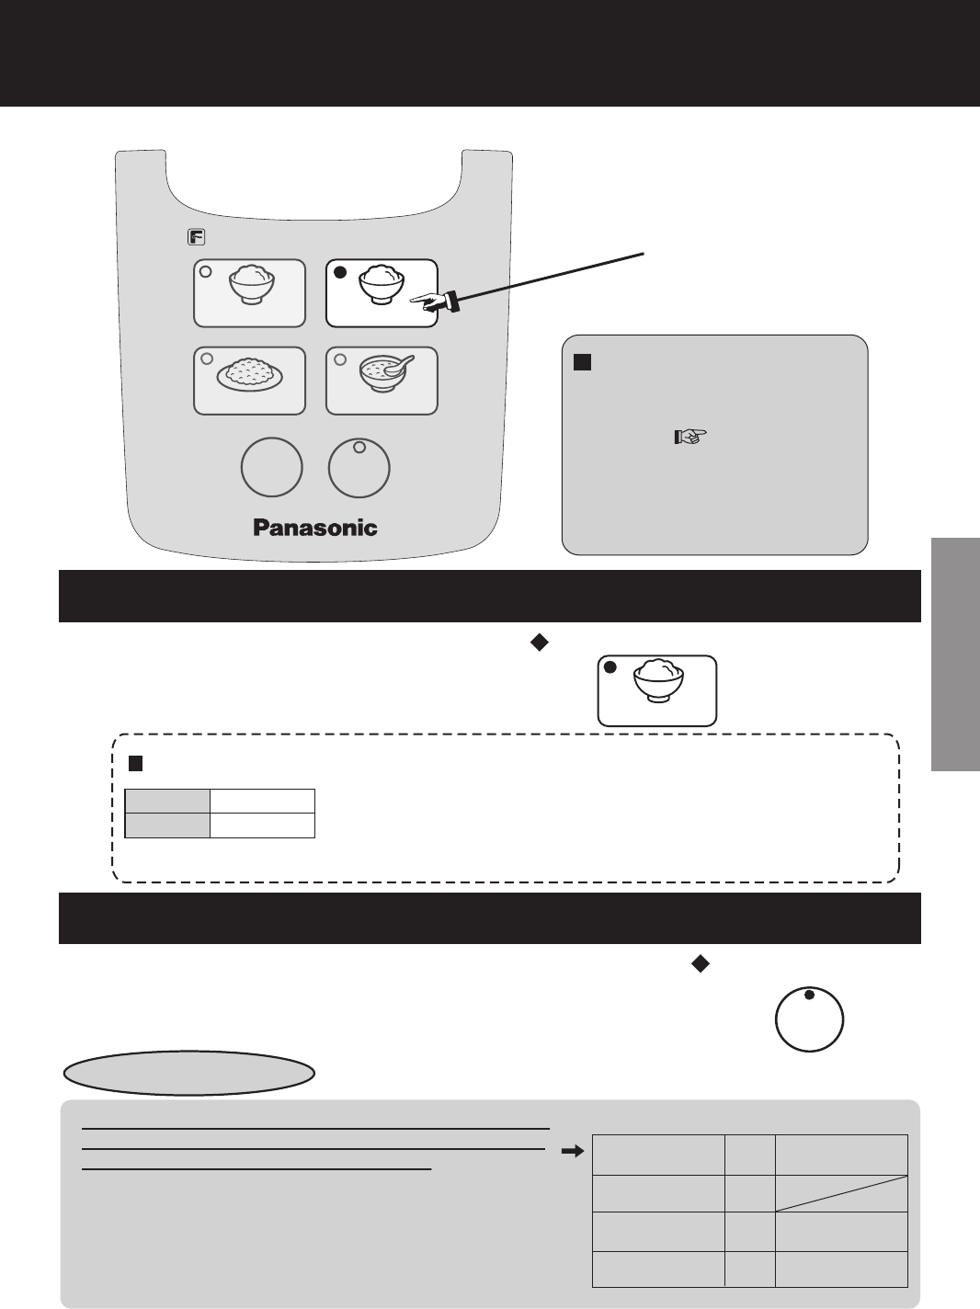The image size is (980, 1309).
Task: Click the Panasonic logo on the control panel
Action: pyautogui.click(x=315, y=528)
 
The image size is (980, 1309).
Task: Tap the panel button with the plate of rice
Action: pyautogui.click(x=249, y=381)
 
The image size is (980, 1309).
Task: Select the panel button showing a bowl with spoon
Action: pyautogui.click(x=382, y=381)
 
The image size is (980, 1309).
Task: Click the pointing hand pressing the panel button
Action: pyautogui.click(x=433, y=302)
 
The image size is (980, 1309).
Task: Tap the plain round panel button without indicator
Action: pyautogui.click(x=271, y=468)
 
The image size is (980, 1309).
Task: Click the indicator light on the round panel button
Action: pyautogui.click(x=359, y=448)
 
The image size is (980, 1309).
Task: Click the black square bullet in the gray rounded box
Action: pyautogui.click(x=581, y=362)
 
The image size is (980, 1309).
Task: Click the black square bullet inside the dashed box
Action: pyautogui.click(x=134, y=763)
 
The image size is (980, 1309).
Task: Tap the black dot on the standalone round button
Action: pyautogui.click(x=809, y=996)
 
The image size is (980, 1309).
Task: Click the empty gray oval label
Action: pyautogui.click(x=189, y=1073)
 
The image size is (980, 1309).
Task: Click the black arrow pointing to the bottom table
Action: pyautogui.click(x=572, y=1150)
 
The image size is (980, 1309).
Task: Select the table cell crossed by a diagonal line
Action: pyautogui.click(x=841, y=1193)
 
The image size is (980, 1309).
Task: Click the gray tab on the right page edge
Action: pyautogui.click(x=955, y=654)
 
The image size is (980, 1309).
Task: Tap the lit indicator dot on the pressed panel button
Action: pyautogui.click(x=339, y=273)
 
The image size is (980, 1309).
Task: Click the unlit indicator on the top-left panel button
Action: pyautogui.click(x=206, y=272)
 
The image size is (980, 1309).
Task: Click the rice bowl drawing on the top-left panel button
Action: pyautogui.click(x=251, y=285)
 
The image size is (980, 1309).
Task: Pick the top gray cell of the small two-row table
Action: pyautogui.click(x=167, y=801)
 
